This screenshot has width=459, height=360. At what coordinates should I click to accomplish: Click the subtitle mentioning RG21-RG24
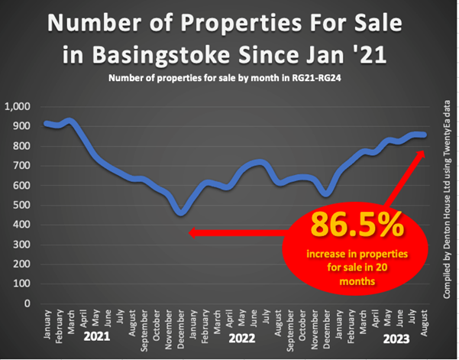point(228,79)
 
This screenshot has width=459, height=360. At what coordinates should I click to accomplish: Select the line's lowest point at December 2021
point(181,211)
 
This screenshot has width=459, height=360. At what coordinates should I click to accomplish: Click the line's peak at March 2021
point(71,120)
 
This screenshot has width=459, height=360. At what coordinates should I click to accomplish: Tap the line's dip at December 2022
point(327,193)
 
